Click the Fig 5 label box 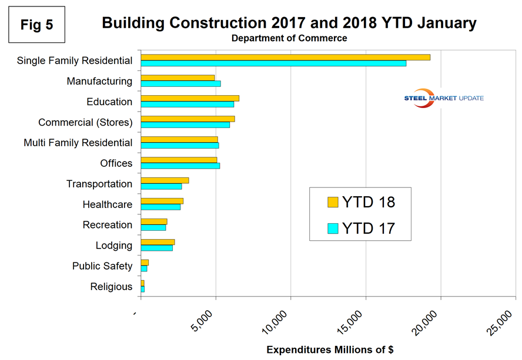click(x=36, y=25)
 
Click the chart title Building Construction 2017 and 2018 click(x=289, y=23)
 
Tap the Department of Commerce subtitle click(x=289, y=39)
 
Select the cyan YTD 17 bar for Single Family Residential click(x=273, y=63)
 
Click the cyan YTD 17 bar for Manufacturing click(x=180, y=83)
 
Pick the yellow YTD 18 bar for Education click(x=190, y=98)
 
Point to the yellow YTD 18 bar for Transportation click(x=165, y=180)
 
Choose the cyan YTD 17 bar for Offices click(x=180, y=166)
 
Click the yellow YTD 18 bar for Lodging click(x=158, y=242)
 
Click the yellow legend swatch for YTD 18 click(x=333, y=203)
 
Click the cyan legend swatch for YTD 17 click(x=333, y=228)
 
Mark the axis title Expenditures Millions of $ click(x=330, y=349)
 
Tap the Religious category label click(x=111, y=287)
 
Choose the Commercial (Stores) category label click(x=85, y=122)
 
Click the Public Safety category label click(x=102, y=266)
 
